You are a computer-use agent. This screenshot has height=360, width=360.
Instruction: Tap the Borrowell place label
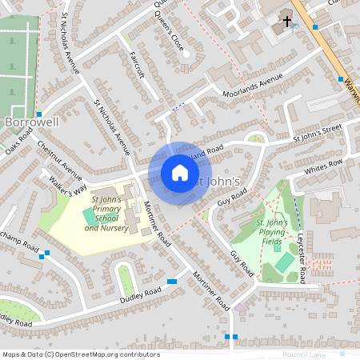click(31, 122)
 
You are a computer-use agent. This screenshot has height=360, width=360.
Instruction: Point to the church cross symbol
click(286, 22)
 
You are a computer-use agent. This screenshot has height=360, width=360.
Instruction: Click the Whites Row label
click(323, 165)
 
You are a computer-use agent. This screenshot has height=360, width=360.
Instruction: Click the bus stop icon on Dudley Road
click(173, 282)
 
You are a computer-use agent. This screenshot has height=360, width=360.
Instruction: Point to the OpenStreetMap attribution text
click(82, 354)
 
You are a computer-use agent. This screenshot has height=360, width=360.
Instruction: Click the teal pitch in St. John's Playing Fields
click(284, 262)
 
